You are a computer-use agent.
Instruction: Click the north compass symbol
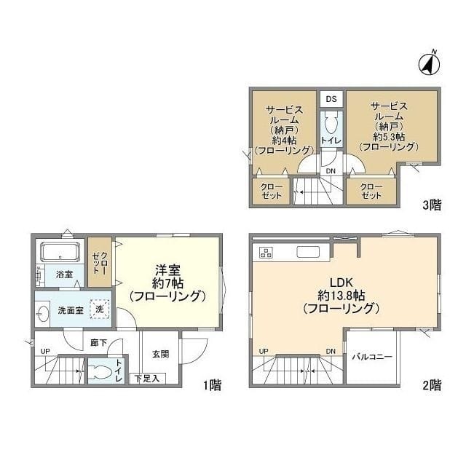pyautogui.click(x=430, y=63)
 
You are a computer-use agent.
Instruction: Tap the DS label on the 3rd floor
pyautogui.click(x=331, y=99)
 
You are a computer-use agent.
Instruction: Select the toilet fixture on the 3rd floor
pyautogui.click(x=331, y=123)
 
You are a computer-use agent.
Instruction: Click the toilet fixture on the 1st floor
pyautogui.click(x=100, y=371)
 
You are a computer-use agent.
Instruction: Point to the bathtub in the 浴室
pyautogui.click(x=60, y=253)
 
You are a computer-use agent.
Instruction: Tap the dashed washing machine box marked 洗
pyautogui.click(x=100, y=309)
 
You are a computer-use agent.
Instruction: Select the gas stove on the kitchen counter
pyautogui.click(x=266, y=253)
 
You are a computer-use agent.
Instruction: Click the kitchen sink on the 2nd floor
pyautogui.click(x=308, y=252)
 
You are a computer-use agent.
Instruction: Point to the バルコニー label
pyautogui.click(x=372, y=357)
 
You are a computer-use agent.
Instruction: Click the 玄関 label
pyautogui.click(x=161, y=354)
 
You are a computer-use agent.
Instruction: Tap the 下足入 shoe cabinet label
pyautogui.click(x=147, y=379)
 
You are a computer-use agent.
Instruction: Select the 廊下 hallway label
pyautogui.click(x=99, y=343)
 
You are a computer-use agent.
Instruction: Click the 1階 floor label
pyautogui.click(x=213, y=385)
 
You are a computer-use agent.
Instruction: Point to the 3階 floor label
pyautogui.click(x=432, y=205)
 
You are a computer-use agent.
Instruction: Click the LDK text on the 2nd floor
pyautogui.click(x=341, y=282)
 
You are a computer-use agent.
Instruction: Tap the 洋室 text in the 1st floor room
pyautogui.click(x=167, y=270)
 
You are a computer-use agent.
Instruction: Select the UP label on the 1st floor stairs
pyautogui.click(x=45, y=351)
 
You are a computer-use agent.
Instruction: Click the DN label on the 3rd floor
pyautogui.click(x=331, y=171)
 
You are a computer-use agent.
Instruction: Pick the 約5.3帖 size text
pyautogui.click(x=389, y=137)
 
